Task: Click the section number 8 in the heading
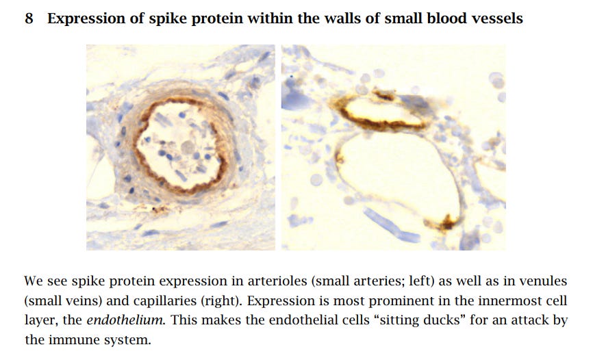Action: (29, 18)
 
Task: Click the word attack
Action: (531, 320)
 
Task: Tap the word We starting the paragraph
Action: (34, 281)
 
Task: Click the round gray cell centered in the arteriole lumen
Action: (187, 147)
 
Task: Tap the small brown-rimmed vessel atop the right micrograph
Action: (382, 111)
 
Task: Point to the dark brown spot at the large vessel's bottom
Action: (446, 222)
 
